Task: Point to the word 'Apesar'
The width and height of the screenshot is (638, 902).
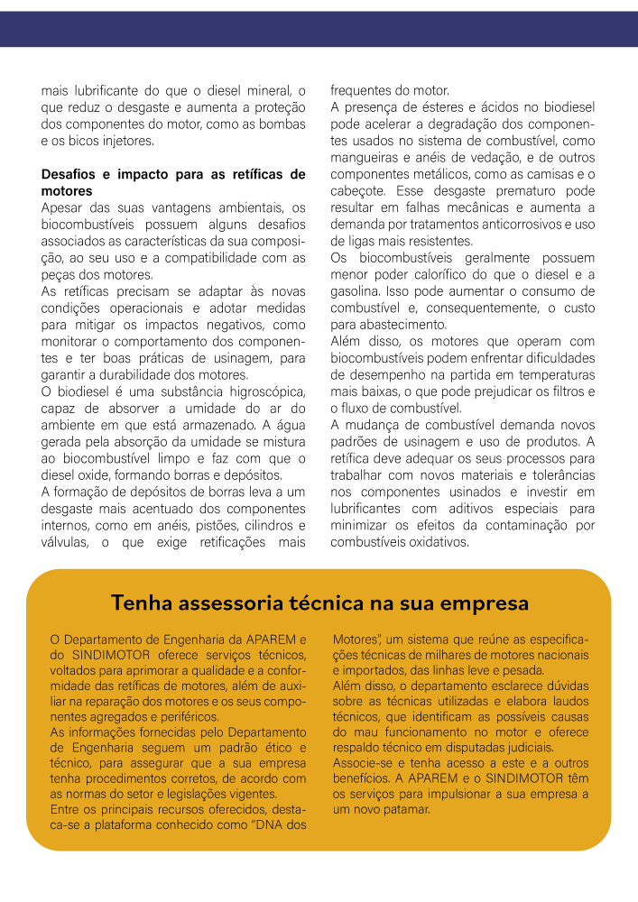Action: point(61,208)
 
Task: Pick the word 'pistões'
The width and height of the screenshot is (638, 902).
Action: point(197,526)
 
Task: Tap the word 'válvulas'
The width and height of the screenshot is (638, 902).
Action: point(65,543)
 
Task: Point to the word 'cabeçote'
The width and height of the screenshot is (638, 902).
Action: point(358,191)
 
